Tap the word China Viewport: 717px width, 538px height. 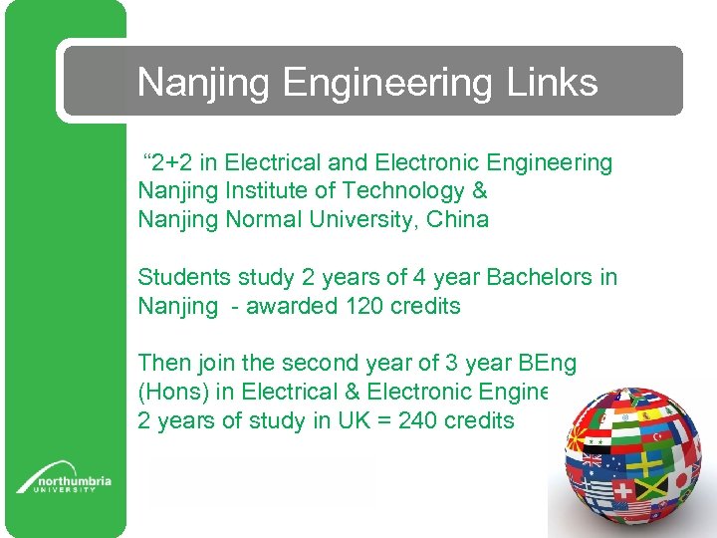(457, 219)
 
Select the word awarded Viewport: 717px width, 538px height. (290, 306)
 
